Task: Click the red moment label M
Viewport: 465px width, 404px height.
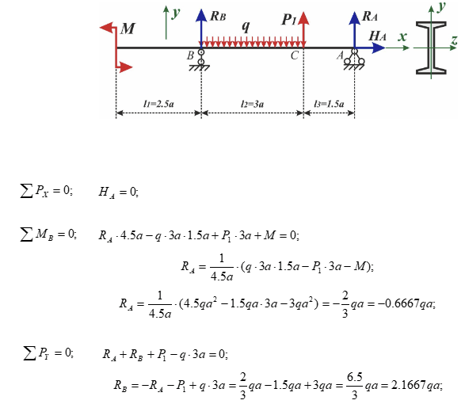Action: [x=128, y=29]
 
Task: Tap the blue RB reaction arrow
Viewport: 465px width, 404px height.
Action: [x=201, y=29]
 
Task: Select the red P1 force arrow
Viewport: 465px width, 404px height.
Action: [x=303, y=29]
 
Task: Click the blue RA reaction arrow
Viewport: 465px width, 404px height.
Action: [x=354, y=29]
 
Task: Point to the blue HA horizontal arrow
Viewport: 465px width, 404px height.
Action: [x=370, y=48]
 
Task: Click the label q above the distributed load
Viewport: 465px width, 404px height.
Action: [x=246, y=26]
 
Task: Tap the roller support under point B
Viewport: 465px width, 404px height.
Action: [x=200, y=60]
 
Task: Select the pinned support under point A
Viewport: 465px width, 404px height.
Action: [x=354, y=59]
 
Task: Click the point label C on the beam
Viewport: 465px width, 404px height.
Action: [x=295, y=55]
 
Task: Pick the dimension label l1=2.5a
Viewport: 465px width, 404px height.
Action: [x=158, y=104]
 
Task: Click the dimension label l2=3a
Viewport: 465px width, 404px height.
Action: [x=253, y=104]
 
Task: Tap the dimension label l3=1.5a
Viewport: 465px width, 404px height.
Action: [x=330, y=104]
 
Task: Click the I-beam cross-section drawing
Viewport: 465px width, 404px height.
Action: [x=431, y=48]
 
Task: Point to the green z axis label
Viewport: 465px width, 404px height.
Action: [x=454, y=40]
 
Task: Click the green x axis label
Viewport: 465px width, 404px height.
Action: [x=402, y=36]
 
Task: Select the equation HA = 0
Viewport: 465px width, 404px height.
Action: [x=118, y=192]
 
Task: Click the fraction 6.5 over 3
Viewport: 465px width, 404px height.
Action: [x=354, y=385]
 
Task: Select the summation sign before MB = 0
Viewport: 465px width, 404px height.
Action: [x=26, y=234]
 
